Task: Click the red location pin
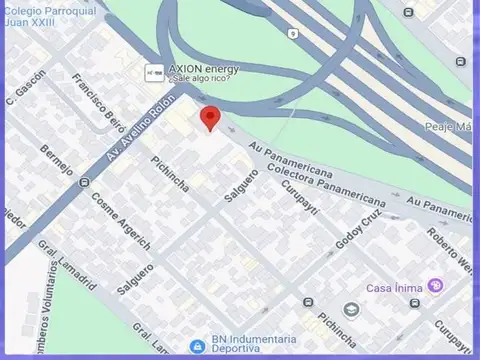click(x=210, y=117)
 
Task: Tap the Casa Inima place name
click(x=392, y=285)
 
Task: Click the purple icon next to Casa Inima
click(x=435, y=285)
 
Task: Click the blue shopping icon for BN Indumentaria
click(x=198, y=345)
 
